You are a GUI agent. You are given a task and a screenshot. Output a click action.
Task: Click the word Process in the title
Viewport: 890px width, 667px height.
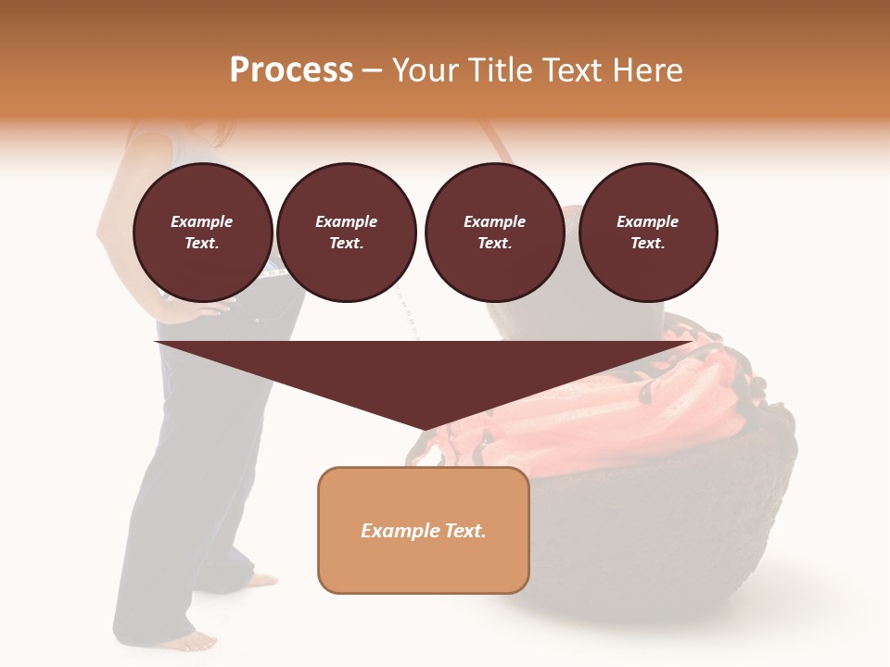coord(291,70)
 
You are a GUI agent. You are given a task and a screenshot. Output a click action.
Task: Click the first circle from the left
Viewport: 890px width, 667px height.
coord(202,233)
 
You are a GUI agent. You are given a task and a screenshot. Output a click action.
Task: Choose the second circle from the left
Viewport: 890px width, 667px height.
coord(346,233)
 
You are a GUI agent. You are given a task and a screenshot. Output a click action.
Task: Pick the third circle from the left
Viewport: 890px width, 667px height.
coord(494,233)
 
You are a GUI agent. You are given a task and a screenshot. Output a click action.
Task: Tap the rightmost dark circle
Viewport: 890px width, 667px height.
coord(647,233)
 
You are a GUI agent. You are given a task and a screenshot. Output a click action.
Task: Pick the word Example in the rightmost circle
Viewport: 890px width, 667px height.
coord(647,221)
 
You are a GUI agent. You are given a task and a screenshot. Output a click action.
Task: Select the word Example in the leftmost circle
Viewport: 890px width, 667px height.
coord(202,221)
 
